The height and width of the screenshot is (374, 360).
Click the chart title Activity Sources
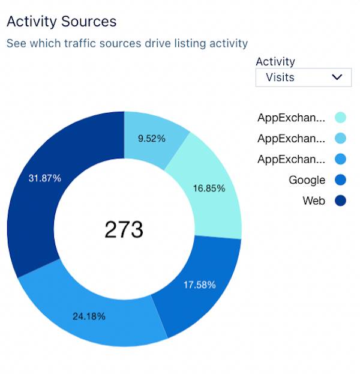coord(61,22)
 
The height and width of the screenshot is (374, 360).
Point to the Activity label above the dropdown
coord(275,61)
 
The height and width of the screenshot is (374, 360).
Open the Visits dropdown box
coord(303,77)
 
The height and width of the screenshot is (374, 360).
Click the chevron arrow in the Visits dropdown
coord(337,77)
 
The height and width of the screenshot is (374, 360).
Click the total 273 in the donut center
coord(124,229)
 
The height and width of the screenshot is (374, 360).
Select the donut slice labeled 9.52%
coord(151,138)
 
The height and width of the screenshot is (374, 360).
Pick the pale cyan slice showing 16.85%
coord(209,188)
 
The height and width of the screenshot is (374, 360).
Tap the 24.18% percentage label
coord(89,316)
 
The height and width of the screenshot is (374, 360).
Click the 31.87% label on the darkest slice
coord(44,178)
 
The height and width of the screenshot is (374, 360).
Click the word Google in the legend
coord(307,180)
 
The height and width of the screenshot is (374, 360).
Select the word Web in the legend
coord(314,201)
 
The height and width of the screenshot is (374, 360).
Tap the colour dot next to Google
coord(340,180)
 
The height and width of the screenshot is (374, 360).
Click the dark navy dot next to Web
coord(340,201)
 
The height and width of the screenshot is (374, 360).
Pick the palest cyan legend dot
coord(340,118)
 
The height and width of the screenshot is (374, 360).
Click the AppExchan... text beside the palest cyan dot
coord(291,118)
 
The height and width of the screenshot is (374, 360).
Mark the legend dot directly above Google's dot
coord(340,159)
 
